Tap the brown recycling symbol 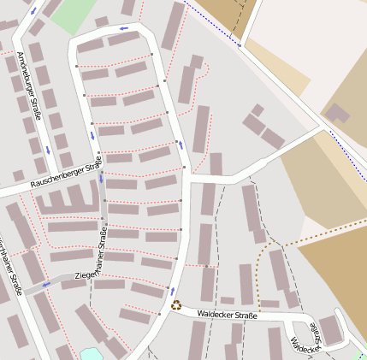tap(176, 304)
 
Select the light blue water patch tap(91, 354)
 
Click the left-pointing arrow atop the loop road tap(124, 29)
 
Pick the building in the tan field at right tap(337, 114)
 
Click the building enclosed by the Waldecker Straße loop tap(331, 328)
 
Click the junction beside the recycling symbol tap(169, 310)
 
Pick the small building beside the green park tap(102, 21)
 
